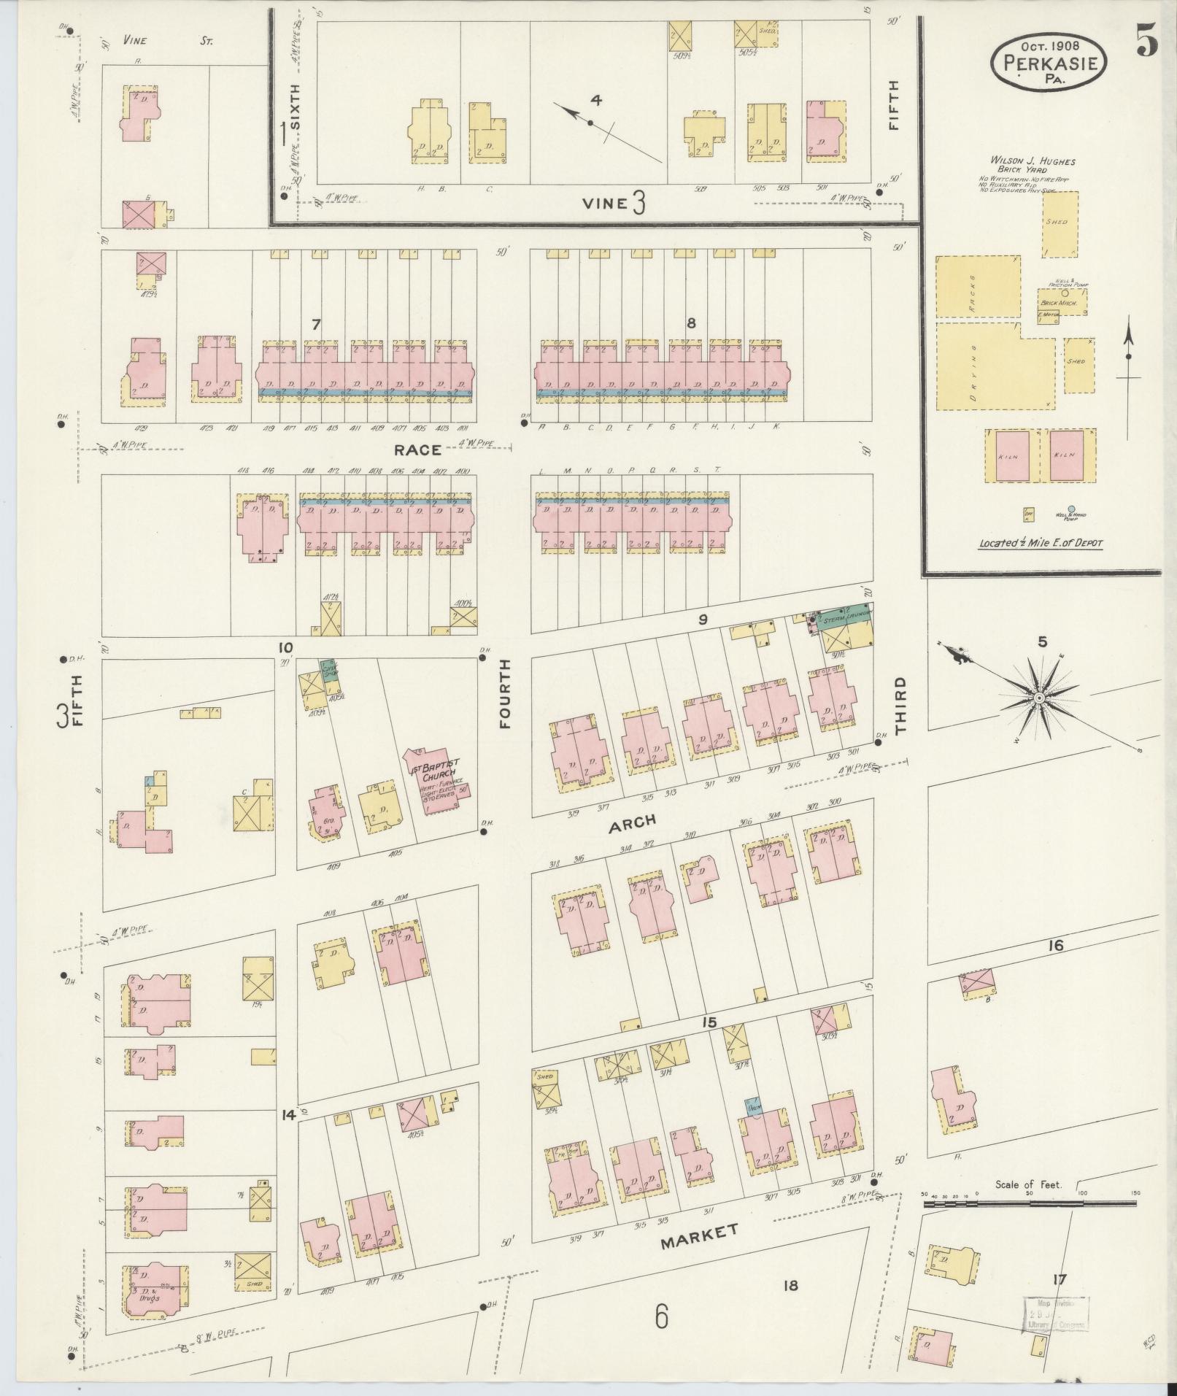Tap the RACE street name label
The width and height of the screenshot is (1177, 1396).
click(x=417, y=450)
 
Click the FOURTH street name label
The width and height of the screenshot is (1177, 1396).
click(x=505, y=693)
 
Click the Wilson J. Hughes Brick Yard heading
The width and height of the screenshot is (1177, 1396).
click(x=1032, y=165)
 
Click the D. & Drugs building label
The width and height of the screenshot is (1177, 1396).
click(x=150, y=1297)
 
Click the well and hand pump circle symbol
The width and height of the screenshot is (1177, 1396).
click(x=1071, y=509)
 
